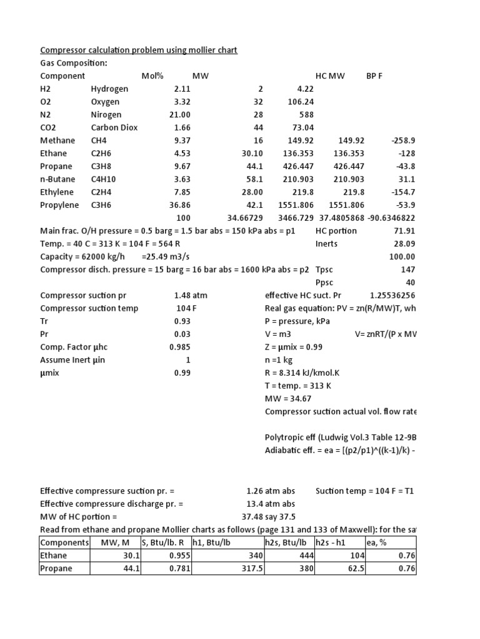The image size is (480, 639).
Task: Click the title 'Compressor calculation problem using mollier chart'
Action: pos(139,50)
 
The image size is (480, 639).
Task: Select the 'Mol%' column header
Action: pos(152,76)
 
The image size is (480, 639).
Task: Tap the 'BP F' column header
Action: pos(374,76)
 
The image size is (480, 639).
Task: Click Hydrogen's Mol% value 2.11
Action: pos(182,89)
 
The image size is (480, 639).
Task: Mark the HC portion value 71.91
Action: pos(404,231)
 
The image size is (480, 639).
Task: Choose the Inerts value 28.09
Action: pos(404,244)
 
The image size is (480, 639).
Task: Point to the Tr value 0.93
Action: pos(182,321)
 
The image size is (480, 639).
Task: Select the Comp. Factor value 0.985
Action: pos(180,347)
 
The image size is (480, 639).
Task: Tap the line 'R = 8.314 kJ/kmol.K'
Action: pos(307,373)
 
